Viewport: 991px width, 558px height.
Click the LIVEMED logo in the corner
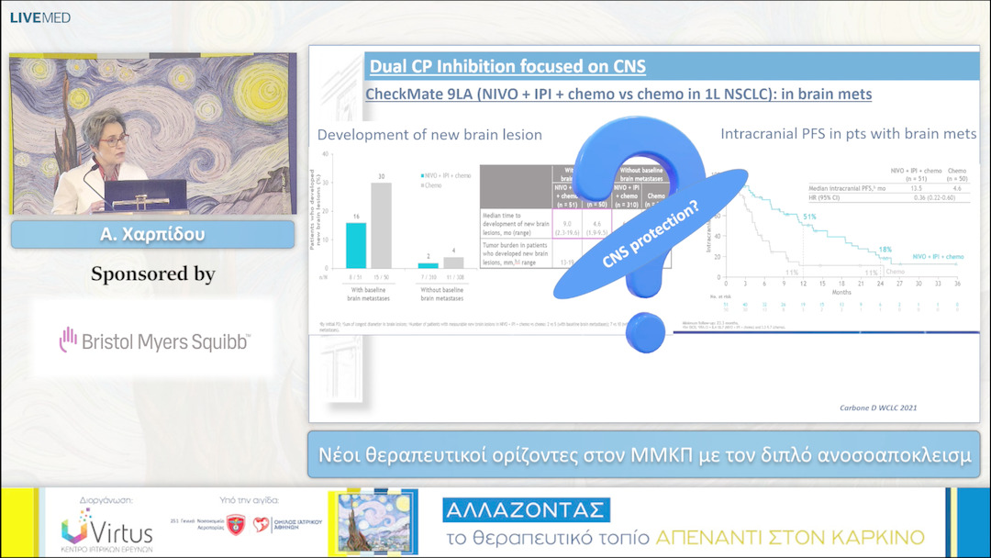click(39, 17)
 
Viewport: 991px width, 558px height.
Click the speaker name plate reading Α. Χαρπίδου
click(152, 234)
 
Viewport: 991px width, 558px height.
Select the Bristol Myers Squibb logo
click(154, 341)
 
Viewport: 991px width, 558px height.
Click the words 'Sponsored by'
click(153, 273)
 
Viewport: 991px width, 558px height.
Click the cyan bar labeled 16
click(355, 245)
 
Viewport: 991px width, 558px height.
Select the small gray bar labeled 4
click(453, 263)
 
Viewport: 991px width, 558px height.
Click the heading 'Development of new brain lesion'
click(429, 135)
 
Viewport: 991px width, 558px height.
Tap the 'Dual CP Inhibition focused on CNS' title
click(507, 66)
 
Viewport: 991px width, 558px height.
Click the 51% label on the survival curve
click(810, 218)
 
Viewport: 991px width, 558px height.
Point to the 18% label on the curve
click(885, 250)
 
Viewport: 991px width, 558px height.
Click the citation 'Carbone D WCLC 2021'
click(878, 407)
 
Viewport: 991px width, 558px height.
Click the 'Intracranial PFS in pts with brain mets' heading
click(849, 134)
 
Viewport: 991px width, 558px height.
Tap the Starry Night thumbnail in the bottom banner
click(372, 521)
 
